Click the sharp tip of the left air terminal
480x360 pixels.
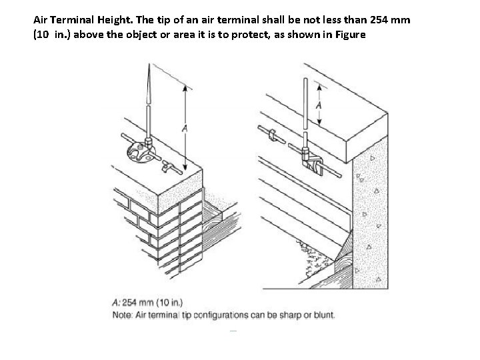point(148,63)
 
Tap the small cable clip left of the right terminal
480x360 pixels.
point(272,135)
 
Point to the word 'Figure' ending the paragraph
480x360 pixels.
point(348,35)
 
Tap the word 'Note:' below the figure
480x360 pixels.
point(122,315)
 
